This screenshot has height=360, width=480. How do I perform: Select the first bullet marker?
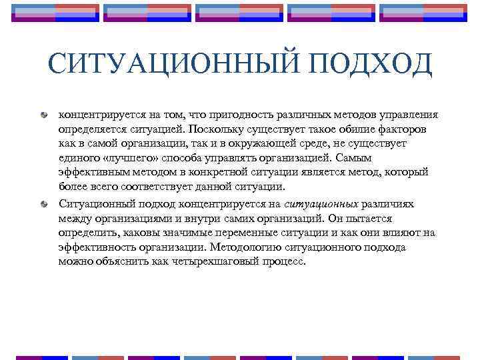(43, 115)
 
